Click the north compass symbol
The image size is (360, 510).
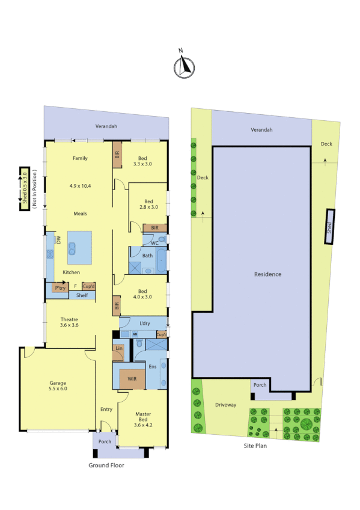pyautogui.click(x=185, y=67)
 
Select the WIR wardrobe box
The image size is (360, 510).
pyautogui.click(x=132, y=378)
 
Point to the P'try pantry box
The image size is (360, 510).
pyautogui.click(x=60, y=287)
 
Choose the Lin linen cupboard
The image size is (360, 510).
pyautogui.click(x=118, y=349)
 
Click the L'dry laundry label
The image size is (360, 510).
pyautogui.click(x=144, y=324)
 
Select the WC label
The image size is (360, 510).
pyautogui.click(x=154, y=242)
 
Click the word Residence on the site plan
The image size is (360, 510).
pyautogui.click(x=267, y=274)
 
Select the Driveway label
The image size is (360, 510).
pyautogui.click(x=225, y=405)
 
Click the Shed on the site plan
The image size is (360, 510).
pyautogui.click(x=329, y=227)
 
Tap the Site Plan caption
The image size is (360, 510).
pyautogui.click(x=255, y=446)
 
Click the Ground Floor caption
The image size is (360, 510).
pyautogui.click(x=106, y=465)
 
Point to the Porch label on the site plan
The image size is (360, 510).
pyautogui.click(x=260, y=385)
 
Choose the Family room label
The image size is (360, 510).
pyautogui.click(x=81, y=159)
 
